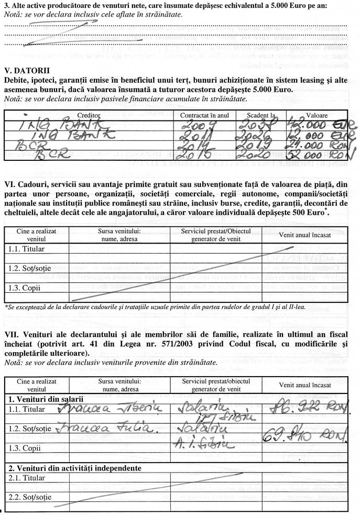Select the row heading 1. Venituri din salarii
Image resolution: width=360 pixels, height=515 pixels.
coord(46,399)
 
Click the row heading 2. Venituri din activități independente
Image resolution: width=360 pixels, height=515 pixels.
coord(75,468)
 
